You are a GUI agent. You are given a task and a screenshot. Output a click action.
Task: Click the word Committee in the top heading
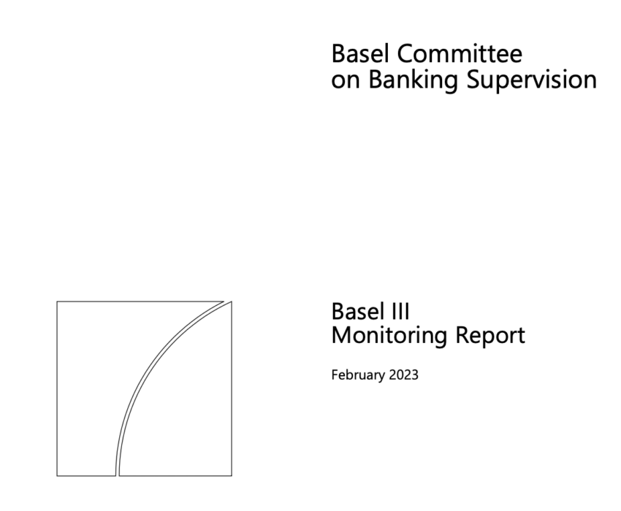460,53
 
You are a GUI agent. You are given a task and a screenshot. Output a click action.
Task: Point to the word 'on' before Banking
346,82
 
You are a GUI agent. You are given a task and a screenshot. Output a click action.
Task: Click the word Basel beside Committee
360,53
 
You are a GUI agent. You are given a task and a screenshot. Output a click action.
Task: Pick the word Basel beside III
360,311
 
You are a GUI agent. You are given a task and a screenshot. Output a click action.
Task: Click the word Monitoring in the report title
389,337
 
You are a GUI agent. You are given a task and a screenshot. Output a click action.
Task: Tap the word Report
490,337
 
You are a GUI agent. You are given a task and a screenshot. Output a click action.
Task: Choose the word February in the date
358,375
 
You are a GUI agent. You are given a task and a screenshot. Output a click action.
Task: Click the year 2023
403,374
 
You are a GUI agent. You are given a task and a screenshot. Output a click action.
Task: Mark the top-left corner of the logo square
57,301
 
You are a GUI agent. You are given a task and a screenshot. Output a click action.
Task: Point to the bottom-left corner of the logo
57,476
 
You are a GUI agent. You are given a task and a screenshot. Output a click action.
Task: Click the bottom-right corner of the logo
232,476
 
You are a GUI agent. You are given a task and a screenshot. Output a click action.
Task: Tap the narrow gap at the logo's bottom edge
118,475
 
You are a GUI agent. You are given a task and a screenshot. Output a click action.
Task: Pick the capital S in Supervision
473,79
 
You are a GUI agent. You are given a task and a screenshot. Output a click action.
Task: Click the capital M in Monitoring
341,335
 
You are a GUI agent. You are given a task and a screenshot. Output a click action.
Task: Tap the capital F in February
335,374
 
